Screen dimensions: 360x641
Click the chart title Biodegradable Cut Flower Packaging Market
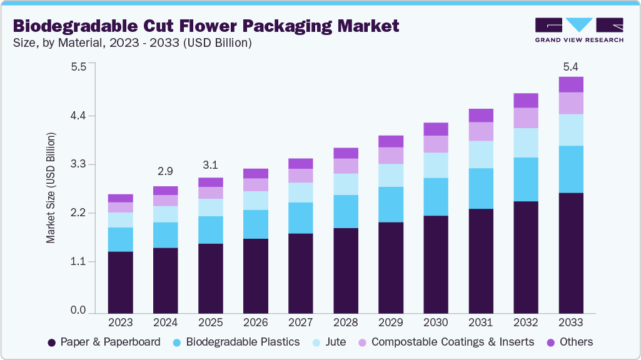(206, 26)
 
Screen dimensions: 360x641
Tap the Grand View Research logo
(578, 30)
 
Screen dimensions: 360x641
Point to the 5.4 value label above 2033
(570, 66)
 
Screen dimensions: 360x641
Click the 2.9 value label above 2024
(165, 171)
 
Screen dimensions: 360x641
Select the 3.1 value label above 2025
(210, 166)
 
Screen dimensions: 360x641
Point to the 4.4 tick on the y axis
(78, 116)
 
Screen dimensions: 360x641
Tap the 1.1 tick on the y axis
(78, 261)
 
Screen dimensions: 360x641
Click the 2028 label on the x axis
(345, 322)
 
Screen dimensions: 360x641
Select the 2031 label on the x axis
(480, 322)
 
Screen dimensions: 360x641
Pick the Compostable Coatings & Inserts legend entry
(445, 342)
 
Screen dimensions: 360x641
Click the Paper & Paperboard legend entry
(104, 342)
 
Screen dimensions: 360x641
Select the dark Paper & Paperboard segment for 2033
(570, 252)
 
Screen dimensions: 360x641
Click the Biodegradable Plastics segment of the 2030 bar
(435, 196)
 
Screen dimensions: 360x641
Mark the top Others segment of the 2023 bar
(120, 198)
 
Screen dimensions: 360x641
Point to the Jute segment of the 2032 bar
(525, 142)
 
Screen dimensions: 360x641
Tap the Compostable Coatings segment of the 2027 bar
(300, 175)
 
